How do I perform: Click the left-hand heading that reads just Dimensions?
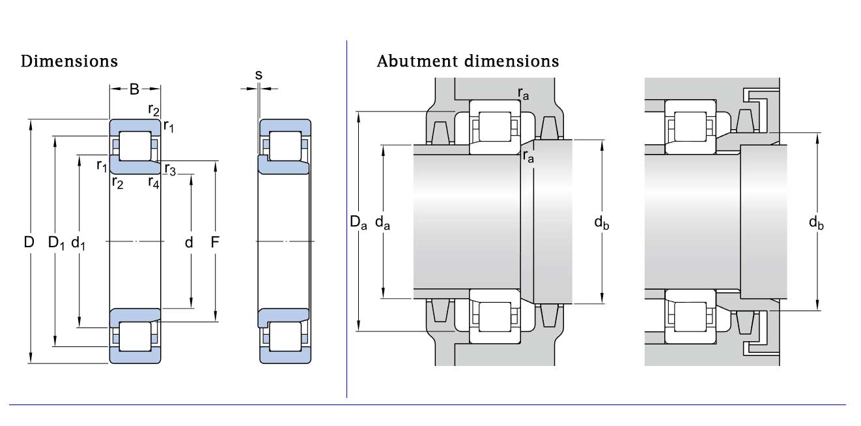click(69, 61)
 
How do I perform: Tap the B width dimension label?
click(134, 89)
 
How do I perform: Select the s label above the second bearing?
click(259, 75)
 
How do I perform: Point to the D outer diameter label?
click(29, 242)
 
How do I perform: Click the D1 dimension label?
click(56, 243)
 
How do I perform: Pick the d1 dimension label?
click(78, 243)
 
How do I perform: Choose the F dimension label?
click(215, 242)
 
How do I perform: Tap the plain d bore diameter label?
click(189, 242)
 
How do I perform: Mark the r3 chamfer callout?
click(170, 169)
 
